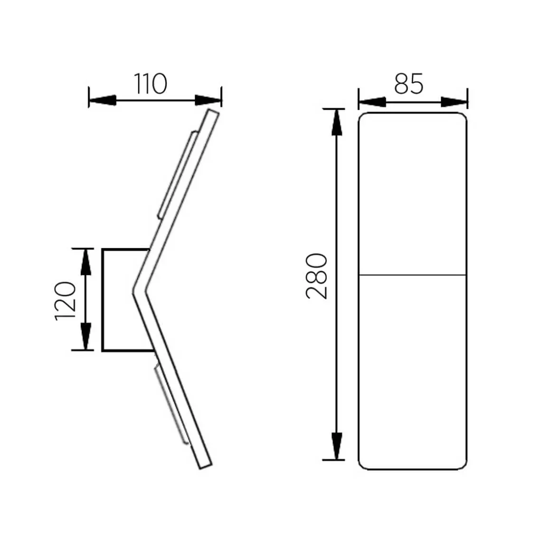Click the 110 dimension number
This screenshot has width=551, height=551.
point(150,84)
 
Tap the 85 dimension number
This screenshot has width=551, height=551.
point(408,84)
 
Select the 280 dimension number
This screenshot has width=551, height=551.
point(317,276)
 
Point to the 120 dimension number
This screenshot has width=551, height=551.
point(66,301)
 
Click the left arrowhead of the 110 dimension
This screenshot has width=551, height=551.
point(102,100)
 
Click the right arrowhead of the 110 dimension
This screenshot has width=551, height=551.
point(209,100)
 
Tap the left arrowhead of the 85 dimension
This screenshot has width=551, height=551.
point(372,102)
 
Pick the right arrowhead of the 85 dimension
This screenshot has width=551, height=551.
point(454,102)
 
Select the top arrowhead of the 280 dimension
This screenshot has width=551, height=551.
point(337,122)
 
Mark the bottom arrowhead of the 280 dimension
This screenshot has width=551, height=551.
point(337,446)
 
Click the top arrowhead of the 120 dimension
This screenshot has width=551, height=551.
point(85,262)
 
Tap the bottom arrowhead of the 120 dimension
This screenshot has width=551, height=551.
point(85,337)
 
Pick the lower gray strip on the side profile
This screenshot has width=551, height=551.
point(171,405)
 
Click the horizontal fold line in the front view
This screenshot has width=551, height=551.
point(412,275)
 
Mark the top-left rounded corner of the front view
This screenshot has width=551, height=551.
point(362,116)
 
